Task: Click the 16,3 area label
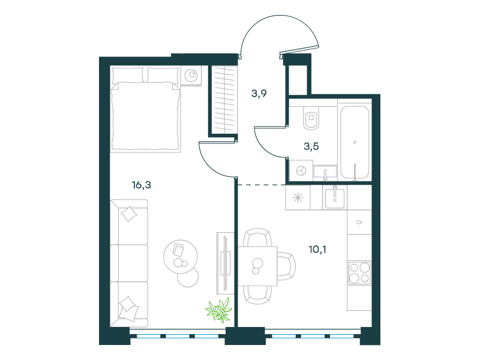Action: pos(142,185)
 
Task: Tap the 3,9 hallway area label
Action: pos(259,94)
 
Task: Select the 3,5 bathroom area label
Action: pos(311,146)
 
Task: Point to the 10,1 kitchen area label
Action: pos(317,250)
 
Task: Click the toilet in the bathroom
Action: pos(311,118)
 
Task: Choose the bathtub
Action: pos(355,142)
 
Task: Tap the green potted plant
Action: pos(219,310)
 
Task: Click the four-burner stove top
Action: pos(359,273)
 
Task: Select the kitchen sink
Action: pos(335,198)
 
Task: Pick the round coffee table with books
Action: pos(181,257)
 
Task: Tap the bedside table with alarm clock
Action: pos(191,76)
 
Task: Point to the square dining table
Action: pos(258,266)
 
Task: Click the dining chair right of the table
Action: pos(287,266)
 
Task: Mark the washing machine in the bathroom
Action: pos(301,170)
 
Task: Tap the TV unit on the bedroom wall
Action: pos(226,263)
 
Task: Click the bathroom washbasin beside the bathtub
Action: pos(325,172)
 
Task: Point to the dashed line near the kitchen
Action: pos(262,185)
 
